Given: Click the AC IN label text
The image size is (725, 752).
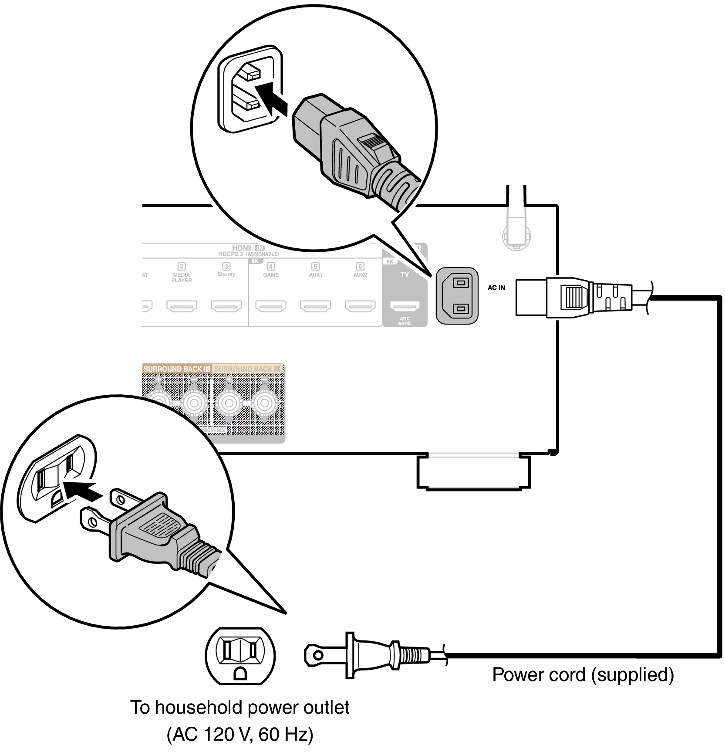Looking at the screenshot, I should [x=496, y=288].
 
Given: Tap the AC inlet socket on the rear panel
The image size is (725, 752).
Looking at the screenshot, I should [x=457, y=296].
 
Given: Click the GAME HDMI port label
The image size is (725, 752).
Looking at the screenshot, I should [x=271, y=274].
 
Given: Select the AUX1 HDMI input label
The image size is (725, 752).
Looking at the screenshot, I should [x=316, y=274].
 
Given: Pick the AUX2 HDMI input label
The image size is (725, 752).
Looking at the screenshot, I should [x=360, y=274].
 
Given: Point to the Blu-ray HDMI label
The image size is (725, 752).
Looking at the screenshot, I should [x=226, y=274].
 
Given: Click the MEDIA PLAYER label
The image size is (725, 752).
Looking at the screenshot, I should [x=182, y=278].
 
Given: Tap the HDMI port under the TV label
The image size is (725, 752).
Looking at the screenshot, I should [x=405, y=306].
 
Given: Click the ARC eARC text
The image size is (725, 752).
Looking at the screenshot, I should [x=405, y=321].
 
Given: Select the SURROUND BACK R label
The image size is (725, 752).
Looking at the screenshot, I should [x=176, y=369].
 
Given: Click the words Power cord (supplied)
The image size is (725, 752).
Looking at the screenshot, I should [x=583, y=674].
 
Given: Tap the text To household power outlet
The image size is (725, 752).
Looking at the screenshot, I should [x=240, y=707].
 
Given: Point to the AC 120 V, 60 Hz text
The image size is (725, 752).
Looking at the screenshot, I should [x=240, y=734].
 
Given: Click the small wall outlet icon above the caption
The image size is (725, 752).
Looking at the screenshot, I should [x=240, y=656].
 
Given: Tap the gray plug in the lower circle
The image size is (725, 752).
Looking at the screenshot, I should [x=157, y=534].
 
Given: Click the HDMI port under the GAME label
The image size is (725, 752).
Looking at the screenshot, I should [x=271, y=306].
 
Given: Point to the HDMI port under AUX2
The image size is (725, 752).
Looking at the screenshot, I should [x=360, y=306].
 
